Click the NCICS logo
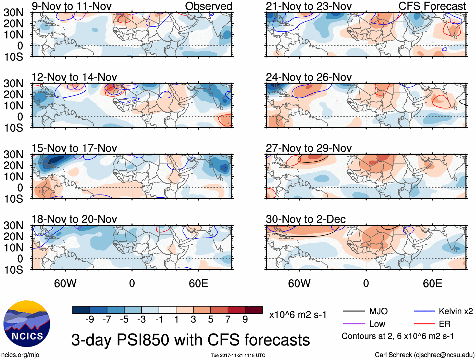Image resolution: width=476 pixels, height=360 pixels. point(27,323)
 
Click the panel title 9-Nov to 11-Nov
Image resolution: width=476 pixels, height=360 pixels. point(72,6)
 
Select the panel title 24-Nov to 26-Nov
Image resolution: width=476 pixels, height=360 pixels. point(309,77)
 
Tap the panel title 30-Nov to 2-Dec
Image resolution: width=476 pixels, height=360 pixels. point(306,219)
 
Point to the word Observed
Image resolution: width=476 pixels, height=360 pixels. point(209,6)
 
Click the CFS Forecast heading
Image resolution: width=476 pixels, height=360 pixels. point(432,6)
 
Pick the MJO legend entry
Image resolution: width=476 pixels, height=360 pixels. point(378,311)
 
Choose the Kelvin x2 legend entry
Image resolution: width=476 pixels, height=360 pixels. point(456,311)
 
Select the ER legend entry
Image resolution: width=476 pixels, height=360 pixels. point(444,324)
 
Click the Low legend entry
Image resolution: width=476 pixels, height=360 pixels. point(377,324)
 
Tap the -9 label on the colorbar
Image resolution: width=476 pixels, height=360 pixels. point(90,320)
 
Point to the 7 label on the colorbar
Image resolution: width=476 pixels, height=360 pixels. point(228,320)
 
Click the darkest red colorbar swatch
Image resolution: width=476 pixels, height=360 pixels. point(254,310)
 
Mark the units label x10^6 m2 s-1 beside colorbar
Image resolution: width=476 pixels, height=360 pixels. point(298,315)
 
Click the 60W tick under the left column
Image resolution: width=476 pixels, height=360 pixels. point(65,283)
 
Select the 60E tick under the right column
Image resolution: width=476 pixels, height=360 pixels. point(432,283)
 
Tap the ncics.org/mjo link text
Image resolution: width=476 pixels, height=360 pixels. point(20,355)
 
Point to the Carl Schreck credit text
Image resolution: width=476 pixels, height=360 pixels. point(424,355)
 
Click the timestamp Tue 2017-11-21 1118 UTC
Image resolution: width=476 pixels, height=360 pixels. point(238,356)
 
